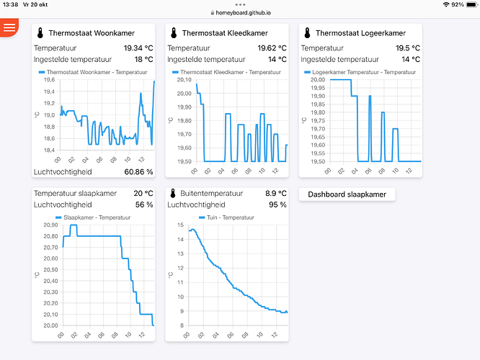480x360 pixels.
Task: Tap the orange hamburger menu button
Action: (9, 27)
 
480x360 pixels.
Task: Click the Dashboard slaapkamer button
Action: (347, 194)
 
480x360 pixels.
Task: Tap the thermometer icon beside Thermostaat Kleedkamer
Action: (174, 33)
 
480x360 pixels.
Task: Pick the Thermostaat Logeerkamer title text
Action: (360, 33)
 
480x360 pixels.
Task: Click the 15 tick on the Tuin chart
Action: (181, 225)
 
